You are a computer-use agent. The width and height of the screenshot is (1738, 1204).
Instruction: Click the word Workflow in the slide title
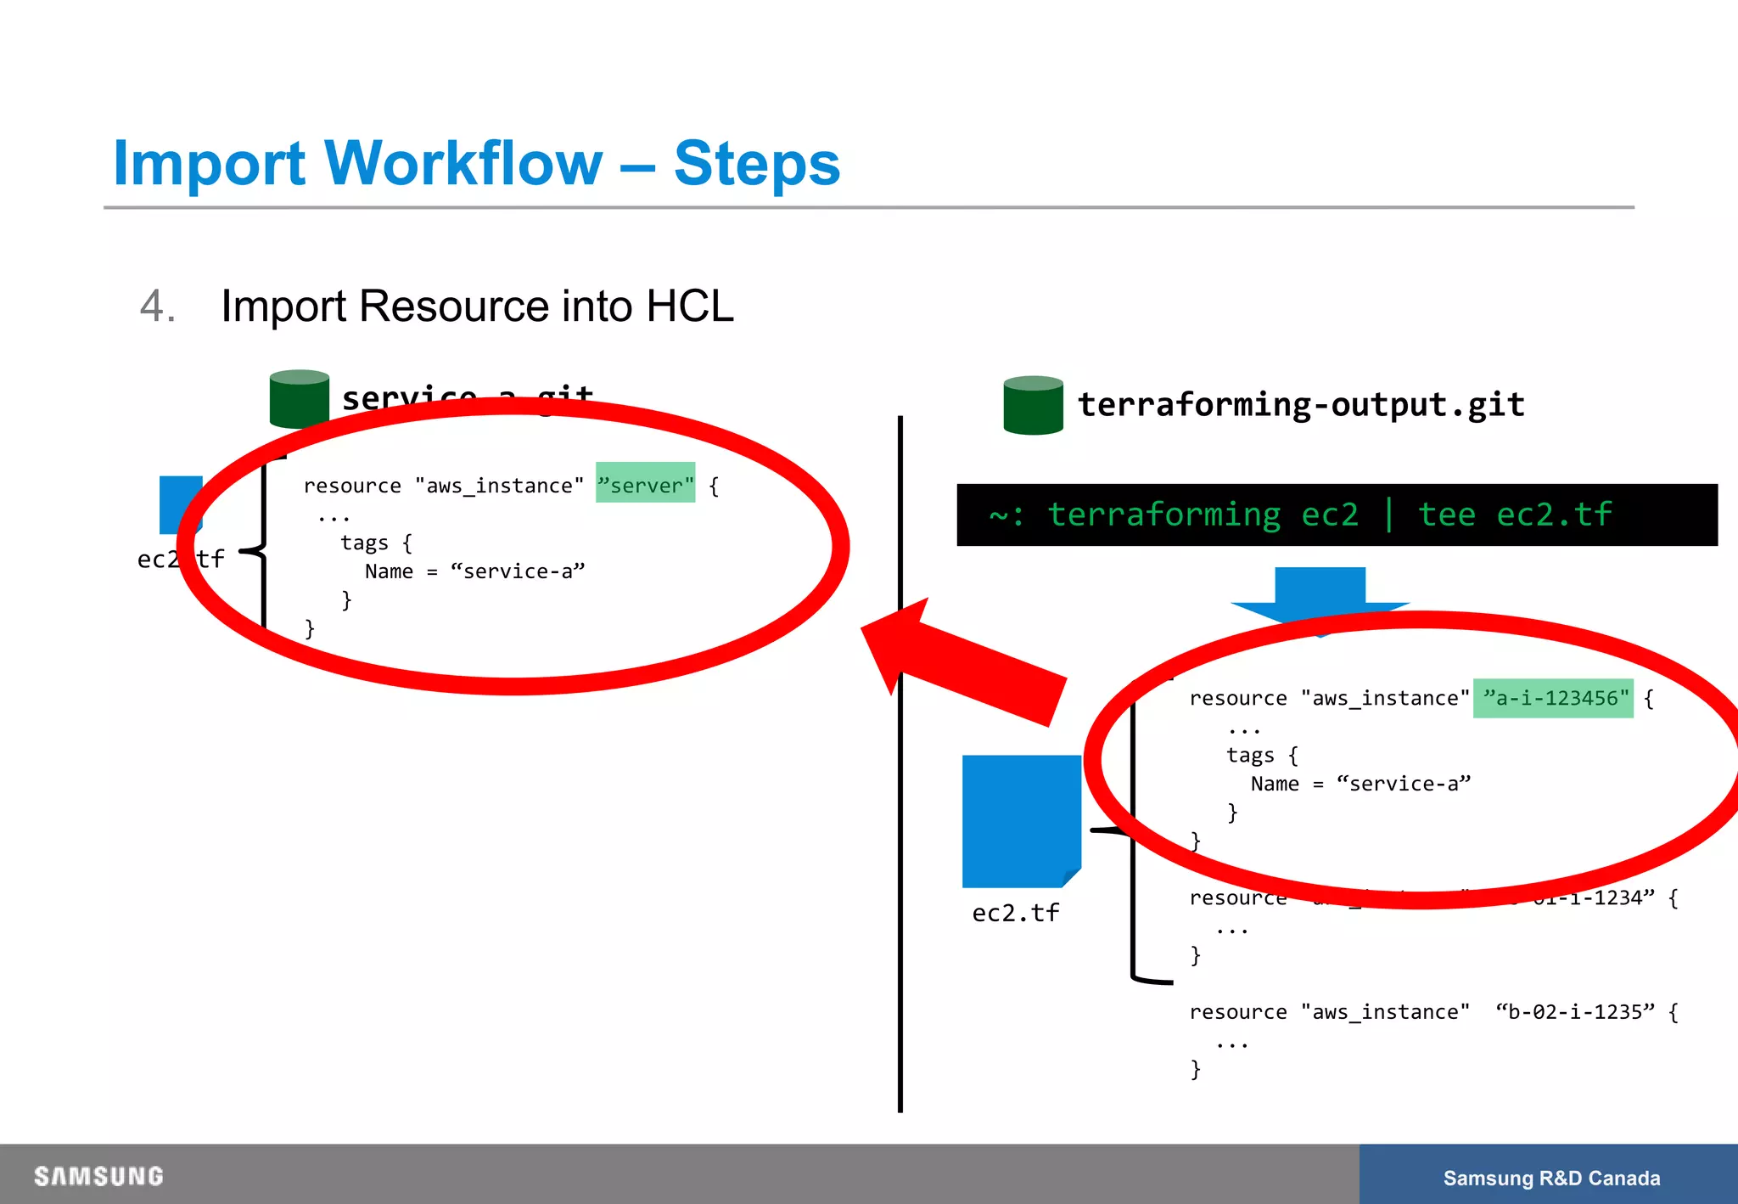coord(463,163)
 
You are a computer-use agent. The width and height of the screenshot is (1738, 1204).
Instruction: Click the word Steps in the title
coord(756,163)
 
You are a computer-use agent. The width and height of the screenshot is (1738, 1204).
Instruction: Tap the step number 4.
coord(156,306)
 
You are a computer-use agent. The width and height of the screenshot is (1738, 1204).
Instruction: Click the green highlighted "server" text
coord(646,485)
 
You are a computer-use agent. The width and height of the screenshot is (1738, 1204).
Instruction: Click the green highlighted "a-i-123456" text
coord(1553,698)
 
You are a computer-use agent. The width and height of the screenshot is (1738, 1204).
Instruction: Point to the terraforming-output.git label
coord(1300,405)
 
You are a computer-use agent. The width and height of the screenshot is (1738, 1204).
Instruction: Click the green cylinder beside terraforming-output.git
coord(1033,406)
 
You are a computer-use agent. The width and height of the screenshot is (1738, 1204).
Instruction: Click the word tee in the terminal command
coord(1447,515)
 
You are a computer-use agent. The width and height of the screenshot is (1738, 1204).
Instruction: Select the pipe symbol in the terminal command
coord(1388,515)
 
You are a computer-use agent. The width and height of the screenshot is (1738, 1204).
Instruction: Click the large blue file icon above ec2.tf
coord(1021,820)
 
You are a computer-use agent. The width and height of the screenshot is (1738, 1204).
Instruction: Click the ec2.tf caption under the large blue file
coord(1015,913)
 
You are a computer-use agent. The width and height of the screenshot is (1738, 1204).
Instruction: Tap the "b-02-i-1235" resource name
coord(1574,1011)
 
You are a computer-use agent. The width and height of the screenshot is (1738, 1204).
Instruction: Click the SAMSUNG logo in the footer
coord(98,1176)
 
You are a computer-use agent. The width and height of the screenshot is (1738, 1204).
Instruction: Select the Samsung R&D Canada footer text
coord(1551,1178)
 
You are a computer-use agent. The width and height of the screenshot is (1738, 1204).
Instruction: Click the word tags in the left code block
coord(364,543)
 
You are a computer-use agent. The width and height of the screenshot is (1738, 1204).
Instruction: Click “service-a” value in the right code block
coord(1403,784)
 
